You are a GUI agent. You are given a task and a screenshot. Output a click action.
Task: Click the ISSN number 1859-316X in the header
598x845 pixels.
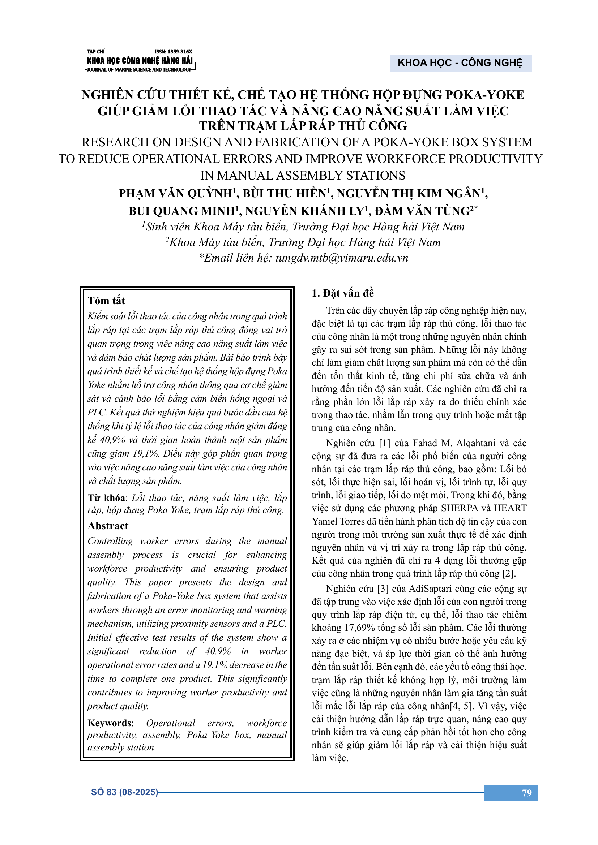pos(174,52)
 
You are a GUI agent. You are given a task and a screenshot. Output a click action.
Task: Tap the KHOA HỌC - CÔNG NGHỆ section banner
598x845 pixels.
pos(460,63)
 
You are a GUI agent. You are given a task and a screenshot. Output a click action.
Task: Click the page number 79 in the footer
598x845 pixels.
pos(526,793)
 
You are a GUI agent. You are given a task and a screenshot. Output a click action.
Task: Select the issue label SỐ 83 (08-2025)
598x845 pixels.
pos(124,792)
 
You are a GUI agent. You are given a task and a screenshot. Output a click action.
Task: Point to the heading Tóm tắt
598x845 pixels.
pos(106,301)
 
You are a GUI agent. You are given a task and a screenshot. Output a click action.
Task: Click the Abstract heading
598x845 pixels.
pos(108,526)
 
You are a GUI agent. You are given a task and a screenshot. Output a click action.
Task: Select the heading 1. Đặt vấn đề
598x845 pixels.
pos(342,293)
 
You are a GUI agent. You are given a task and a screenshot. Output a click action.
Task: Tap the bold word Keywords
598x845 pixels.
pos(109,723)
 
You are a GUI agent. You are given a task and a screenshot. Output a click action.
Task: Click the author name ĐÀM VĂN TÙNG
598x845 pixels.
pos(423,211)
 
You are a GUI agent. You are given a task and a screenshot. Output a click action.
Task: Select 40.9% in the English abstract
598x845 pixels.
pos(218,651)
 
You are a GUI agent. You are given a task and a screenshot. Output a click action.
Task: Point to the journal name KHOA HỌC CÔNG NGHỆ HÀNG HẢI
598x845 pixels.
pos(140,61)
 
